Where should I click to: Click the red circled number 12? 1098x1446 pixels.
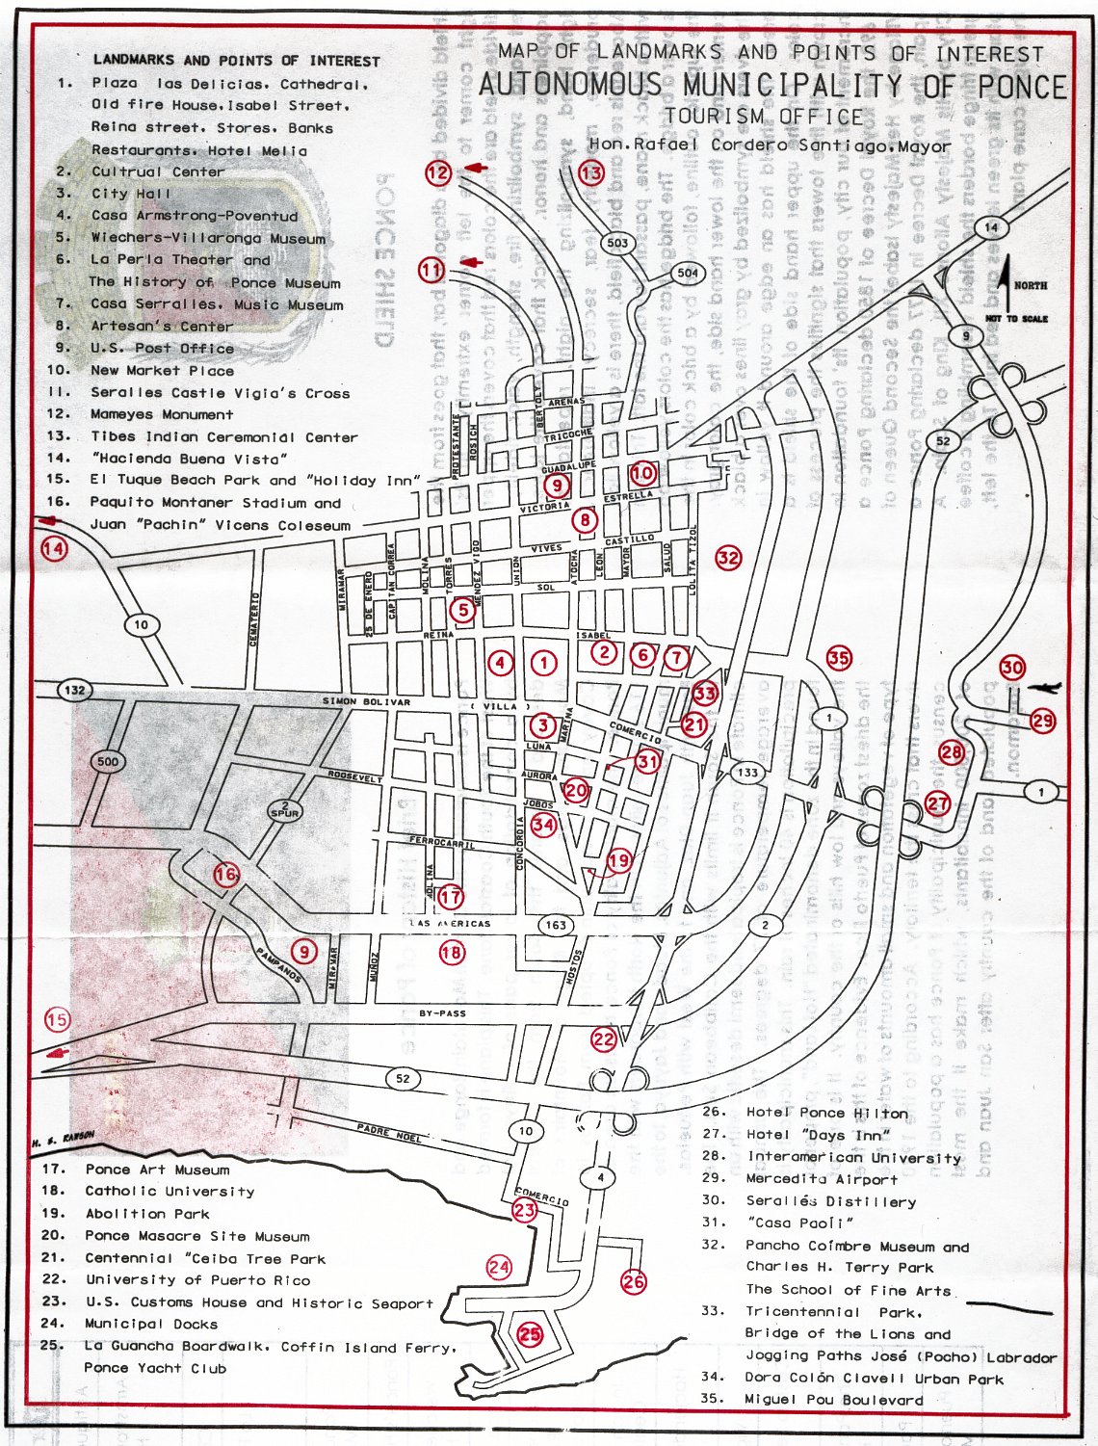pos(438,172)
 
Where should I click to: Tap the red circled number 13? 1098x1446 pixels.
pos(590,173)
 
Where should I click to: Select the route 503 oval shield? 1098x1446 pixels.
pos(617,243)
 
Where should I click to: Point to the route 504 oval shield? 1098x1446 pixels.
pos(688,273)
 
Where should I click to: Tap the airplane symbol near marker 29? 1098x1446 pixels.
pos(1044,688)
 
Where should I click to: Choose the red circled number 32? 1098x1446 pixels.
pos(728,557)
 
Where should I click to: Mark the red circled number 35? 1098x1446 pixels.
pos(839,658)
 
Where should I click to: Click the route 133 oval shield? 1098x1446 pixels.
pos(747,772)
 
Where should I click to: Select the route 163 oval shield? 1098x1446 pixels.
pos(556,925)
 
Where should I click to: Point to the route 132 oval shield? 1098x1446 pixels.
pos(74,690)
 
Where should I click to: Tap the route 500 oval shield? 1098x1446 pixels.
pos(108,761)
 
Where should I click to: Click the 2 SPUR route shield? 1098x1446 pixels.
pos(285,809)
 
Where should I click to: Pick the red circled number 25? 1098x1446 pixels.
pos(530,1334)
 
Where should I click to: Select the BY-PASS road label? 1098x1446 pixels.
pos(442,1013)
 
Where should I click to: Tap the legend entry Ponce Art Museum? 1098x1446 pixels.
pos(157,1170)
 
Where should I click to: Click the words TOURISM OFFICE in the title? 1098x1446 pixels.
pos(763,117)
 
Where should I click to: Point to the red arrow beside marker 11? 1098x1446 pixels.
pos(471,263)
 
